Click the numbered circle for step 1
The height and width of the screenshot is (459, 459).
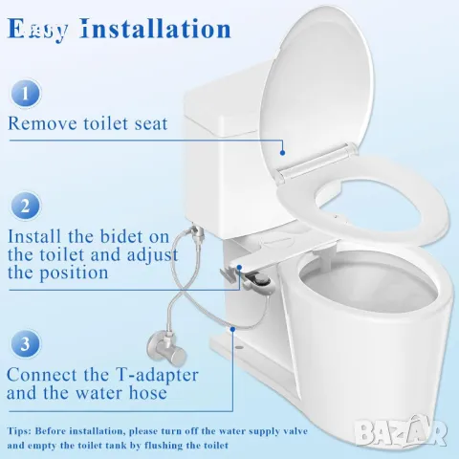[x=25, y=95]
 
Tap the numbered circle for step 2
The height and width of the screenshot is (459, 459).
[x=25, y=207]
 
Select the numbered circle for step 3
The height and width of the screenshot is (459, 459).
[x=25, y=344]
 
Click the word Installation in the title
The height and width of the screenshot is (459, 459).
[x=156, y=29]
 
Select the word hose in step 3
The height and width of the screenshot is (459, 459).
[x=147, y=392]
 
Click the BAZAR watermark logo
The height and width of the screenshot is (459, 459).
[x=401, y=431]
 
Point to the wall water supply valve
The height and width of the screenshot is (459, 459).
[x=166, y=350]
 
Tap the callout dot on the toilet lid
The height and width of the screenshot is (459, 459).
[x=282, y=153]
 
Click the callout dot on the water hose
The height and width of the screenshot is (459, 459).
[x=233, y=328]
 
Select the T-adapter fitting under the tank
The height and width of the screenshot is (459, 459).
[x=194, y=230]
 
